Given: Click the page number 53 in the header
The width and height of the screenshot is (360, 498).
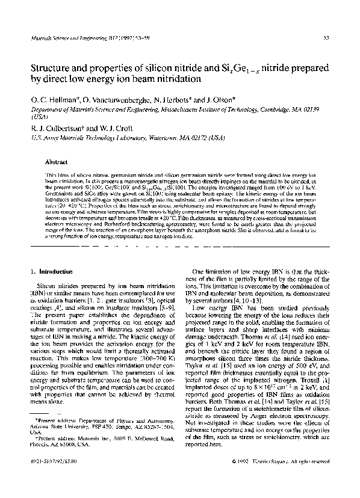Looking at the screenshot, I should pyautogui.click(x=326, y=37).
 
